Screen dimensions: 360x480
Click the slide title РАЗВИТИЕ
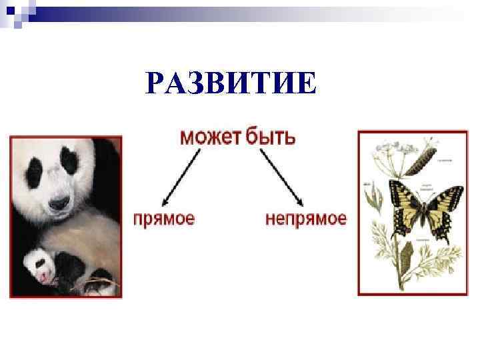pos(231,85)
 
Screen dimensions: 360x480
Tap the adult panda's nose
pos(59,201)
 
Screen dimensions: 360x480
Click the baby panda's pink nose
pos(41,274)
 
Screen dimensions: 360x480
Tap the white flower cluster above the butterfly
pos(387,150)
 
